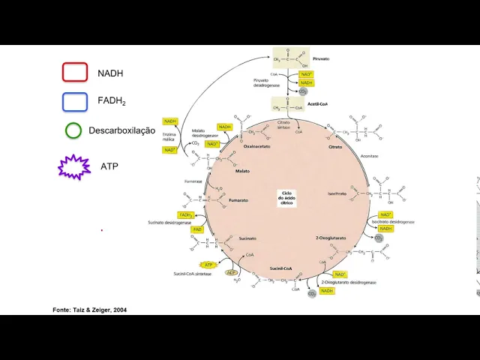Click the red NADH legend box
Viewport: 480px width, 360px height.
click(75, 72)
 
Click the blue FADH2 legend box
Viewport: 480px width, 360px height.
click(75, 101)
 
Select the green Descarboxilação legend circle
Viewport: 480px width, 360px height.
click(73, 130)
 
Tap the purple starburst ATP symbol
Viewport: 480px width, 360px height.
click(74, 167)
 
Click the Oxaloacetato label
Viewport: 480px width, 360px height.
click(257, 147)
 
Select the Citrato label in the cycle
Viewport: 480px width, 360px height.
click(335, 147)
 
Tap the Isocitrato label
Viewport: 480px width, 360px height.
click(337, 193)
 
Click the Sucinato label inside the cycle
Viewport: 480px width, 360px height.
click(247, 238)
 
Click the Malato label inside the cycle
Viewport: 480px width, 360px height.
click(242, 171)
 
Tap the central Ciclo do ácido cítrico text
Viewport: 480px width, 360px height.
click(286, 197)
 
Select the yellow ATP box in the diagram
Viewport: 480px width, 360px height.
click(209, 265)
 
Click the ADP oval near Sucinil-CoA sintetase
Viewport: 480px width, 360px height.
click(232, 272)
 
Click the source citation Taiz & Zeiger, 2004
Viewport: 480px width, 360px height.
click(84, 310)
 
